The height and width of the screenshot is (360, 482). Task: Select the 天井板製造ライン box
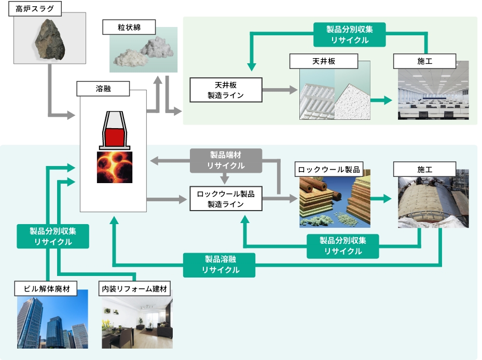click(x=226, y=90)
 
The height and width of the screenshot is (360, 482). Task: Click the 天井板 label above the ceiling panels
click(x=323, y=61)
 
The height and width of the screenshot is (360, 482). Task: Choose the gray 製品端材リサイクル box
click(x=226, y=160)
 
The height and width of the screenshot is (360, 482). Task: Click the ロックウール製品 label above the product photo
click(x=328, y=170)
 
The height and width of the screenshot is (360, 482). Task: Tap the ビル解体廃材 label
click(x=46, y=288)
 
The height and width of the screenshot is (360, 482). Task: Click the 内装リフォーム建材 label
click(x=135, y=288)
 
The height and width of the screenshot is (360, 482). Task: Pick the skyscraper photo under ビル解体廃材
click(x=52, y=322)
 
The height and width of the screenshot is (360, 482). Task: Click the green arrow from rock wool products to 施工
click(x=382, y=199)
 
